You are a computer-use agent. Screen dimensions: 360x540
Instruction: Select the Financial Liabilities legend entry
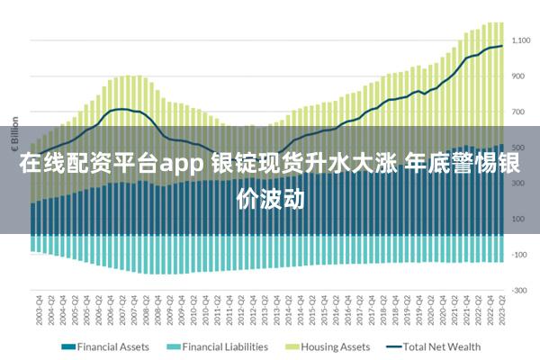coord(224,346)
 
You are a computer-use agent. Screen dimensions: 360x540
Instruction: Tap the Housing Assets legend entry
coord(334,346)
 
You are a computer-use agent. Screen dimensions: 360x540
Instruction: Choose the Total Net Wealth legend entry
coord(441,346)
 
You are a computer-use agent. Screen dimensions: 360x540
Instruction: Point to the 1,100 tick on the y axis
coord(520,40)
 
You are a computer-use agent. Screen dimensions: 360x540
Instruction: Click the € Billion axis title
coord(14,132)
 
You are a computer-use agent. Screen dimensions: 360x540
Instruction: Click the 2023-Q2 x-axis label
coord(500,310)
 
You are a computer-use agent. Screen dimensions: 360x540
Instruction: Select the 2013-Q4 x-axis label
coord(274,310)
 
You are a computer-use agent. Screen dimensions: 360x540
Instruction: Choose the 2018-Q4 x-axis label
coord(393,310)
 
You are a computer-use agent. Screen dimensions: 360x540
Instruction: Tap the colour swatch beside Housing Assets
coord(292,346)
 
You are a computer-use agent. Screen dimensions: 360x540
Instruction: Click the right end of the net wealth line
coord(502,46)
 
